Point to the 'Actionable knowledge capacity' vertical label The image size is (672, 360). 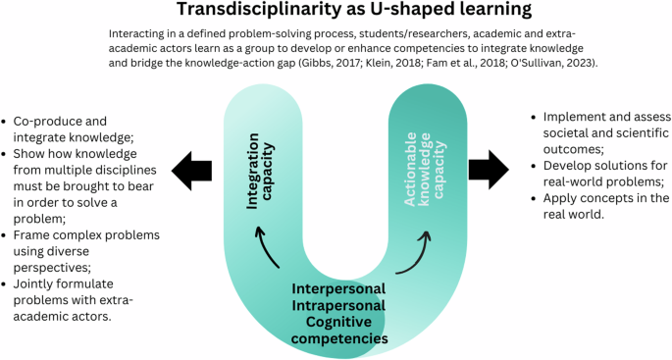click(x=418, y=163)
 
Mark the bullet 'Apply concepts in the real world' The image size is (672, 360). click(x=598, y=206)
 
